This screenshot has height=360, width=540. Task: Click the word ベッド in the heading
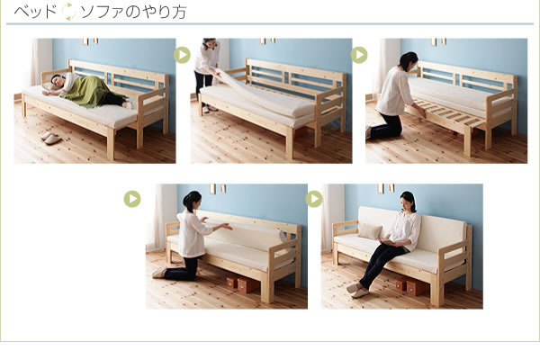point(35,12)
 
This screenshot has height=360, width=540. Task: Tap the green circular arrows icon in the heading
point(69,12)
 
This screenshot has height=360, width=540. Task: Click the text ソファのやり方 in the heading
point(133,12)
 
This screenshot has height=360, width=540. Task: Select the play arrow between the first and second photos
point(182,55)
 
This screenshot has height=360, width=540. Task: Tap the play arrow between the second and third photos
point(359,55)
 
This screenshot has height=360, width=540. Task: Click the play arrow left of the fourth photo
point(132,199)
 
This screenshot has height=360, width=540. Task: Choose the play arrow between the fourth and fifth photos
point(314,199)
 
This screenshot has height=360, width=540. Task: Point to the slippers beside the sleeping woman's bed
point(51,138)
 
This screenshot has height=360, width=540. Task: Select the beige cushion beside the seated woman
point(370,230)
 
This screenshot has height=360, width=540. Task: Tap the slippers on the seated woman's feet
point(357,291)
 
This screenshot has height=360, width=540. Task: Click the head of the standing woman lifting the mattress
point(210,43)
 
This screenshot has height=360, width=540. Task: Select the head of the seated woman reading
point(409,201)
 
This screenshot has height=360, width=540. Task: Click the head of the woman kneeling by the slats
point(409,61)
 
